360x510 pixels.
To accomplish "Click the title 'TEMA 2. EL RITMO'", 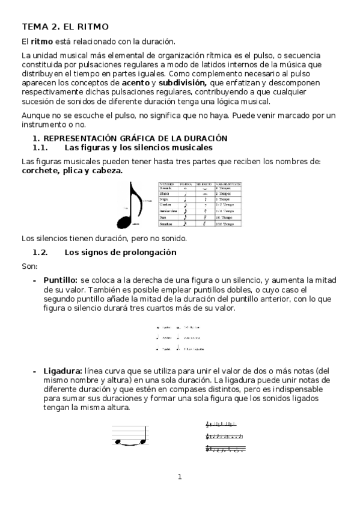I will (65, 26).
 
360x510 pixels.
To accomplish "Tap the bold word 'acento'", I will (135, 82).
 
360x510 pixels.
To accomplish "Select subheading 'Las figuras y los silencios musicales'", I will (138, 147).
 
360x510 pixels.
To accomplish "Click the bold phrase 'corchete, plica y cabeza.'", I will (72, 170).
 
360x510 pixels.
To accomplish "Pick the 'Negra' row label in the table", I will (164, 198).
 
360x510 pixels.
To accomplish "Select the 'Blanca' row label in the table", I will (164, 193).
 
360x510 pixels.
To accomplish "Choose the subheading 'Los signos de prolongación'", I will (120, 252).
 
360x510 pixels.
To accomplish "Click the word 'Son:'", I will (29, 266).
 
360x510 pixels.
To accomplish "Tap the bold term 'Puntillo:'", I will (60, 280).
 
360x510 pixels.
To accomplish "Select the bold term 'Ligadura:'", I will (63, 371).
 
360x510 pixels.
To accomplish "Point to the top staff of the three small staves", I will (225, 425).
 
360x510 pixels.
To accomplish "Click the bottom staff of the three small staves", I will (225, 449).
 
